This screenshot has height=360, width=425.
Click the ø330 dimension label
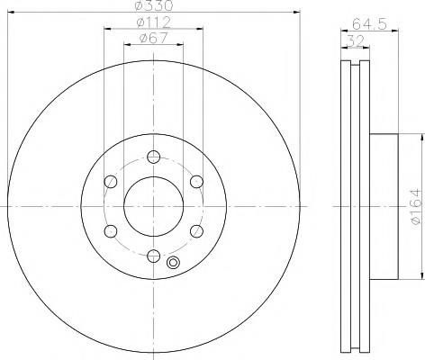154,4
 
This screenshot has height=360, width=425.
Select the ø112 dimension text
153,22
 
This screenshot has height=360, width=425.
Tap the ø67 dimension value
153,38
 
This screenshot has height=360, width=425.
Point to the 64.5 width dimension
369,24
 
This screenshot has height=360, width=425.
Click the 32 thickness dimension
356,40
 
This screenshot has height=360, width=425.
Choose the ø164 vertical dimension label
416,206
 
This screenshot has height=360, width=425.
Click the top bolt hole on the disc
154,157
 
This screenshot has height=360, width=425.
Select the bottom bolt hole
154,256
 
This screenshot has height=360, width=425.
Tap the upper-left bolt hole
111,182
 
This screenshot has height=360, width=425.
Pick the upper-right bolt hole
196,182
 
